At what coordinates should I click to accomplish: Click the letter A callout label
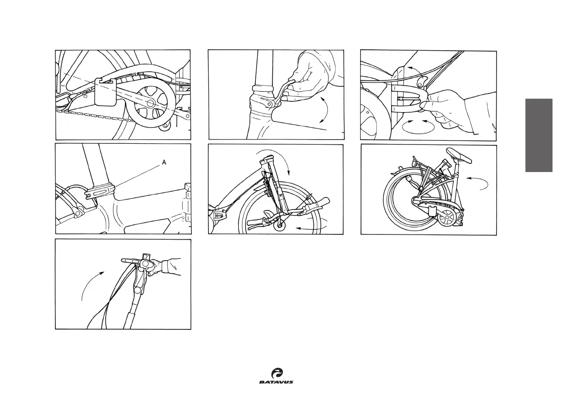click(164, 162)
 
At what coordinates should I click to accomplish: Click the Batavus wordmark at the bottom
click(276, 382)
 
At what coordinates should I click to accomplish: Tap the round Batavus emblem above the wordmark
click(277, 373)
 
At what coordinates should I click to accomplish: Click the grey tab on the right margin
click(539, 135)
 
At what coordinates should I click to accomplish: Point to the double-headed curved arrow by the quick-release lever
click(323, 110)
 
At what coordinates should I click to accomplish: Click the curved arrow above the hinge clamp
click(414, 72)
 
